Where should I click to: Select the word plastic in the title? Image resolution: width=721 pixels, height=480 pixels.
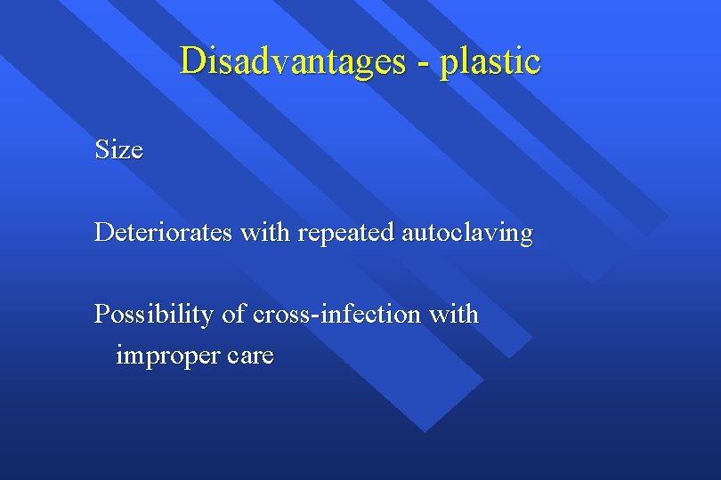pyautogui.click(x=489, y=62)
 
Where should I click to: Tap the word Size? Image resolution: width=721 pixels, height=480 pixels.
pyautogui.click(x=118, y=149)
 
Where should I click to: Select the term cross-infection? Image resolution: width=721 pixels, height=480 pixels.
pyautogui.click(x=336, y=315)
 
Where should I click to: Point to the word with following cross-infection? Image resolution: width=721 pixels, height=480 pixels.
pyautogui.click(x=454, y=315)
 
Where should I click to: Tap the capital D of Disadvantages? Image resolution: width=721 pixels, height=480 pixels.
pyautogui.click(x=190, y=60)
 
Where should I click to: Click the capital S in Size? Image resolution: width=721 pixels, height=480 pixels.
pyautogui.click(x=101, y=149)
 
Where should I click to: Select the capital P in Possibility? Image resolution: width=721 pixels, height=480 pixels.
pyautogui.click(x=101, y=315)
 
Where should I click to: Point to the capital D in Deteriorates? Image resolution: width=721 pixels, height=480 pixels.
pyautogui.click(x=103, y=233)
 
